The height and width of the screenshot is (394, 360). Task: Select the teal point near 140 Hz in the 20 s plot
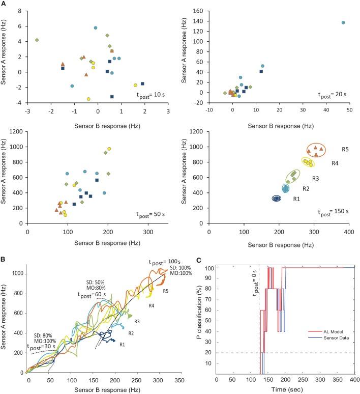pos(343,23)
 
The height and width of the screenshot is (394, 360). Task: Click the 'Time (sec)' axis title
pos(284,388)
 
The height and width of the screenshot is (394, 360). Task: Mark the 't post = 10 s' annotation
pos(151,95)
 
